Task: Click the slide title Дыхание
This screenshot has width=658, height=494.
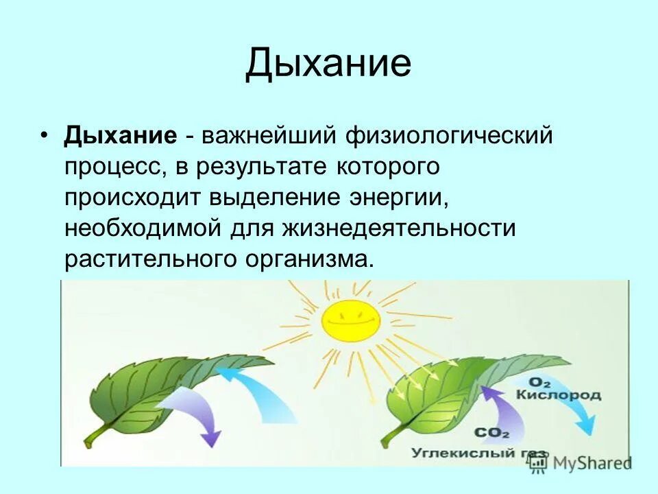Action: [328, 63]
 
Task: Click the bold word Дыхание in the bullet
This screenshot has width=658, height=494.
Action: [121, 134]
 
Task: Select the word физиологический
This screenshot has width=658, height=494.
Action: [449, 135]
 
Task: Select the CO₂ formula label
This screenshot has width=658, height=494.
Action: [491, 434]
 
